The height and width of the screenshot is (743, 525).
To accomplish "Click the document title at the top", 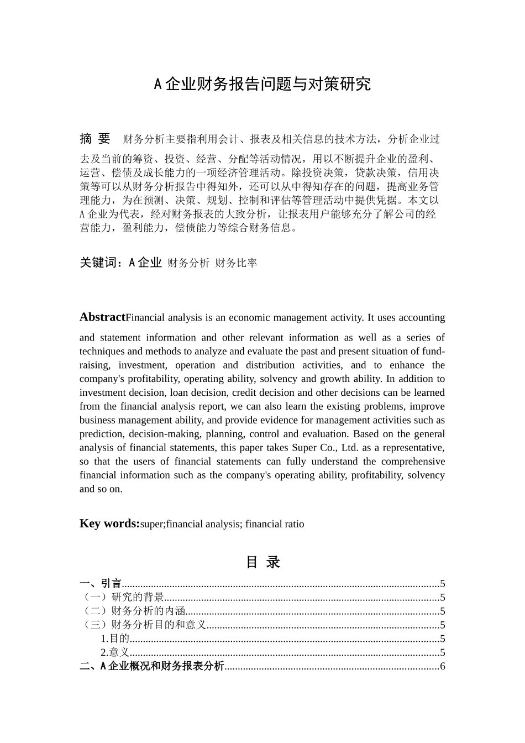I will [262, 84].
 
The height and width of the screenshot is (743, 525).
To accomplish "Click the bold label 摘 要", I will [95, 138].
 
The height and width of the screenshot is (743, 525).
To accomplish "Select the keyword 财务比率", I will [236, 264].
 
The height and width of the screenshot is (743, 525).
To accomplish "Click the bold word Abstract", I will [102, 317].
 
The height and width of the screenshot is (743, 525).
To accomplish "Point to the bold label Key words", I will [109, 524].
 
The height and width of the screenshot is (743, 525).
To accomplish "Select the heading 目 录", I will [262, 562].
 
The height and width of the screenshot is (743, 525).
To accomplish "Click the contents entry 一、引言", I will [101, 583].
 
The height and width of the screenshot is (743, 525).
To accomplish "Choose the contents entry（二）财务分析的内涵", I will [133, 611].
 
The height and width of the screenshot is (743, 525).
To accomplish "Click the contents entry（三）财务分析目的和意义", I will [143, 625].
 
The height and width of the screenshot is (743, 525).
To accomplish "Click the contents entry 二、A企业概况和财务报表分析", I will [152, 666].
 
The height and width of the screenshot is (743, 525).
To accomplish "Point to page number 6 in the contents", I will [443, 666].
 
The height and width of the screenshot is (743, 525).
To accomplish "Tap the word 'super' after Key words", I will [151, 524].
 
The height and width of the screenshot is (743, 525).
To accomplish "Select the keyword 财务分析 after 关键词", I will [188, 264].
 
